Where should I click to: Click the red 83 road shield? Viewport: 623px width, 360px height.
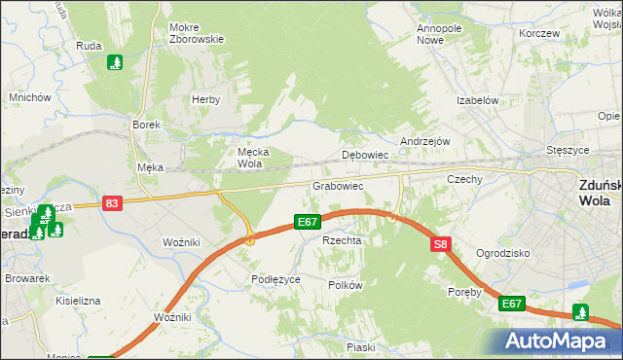coord(112,203)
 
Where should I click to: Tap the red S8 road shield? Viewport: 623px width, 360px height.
coord(441,245)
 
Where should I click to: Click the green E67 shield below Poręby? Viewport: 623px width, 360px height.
coord(512,305)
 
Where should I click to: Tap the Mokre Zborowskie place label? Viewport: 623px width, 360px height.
coord(196,33)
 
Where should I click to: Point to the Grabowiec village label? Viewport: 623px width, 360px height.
coord(338,185)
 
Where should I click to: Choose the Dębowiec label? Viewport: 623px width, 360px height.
coord(366,155)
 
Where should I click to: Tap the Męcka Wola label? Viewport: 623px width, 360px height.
coord(253,158)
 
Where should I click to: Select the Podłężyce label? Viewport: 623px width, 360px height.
coord(275,279)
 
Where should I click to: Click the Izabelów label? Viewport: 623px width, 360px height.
coord(478,100)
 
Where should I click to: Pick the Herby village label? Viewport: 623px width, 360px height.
coord(206,99)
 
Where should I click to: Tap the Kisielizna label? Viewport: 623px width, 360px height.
coord(78,301)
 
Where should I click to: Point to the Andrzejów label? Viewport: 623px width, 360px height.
coord(424,140)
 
